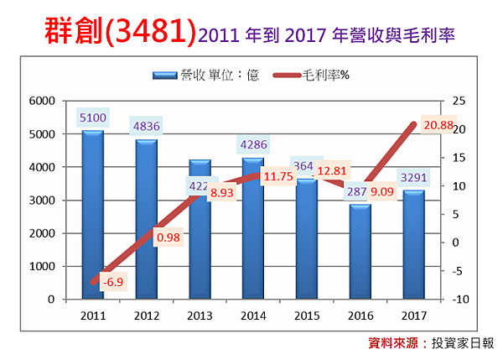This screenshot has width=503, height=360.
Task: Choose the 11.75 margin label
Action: coord(277,177)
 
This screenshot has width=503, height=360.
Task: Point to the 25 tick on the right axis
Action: coord(457,101)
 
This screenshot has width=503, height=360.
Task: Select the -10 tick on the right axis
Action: coord(459,300)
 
